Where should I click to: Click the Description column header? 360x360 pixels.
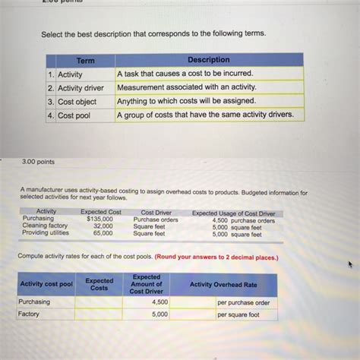pos(208,60)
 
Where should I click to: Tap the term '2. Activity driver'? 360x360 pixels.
pos(79,88)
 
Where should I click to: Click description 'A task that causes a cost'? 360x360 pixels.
pos(185,74)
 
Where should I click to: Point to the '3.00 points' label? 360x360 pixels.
pos(39,162)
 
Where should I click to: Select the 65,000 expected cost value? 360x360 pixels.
pos(103,234)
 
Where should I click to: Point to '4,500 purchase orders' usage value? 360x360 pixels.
pos(243,220)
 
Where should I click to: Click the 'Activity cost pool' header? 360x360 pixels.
pos(46,284)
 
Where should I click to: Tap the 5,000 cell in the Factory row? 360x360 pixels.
pos(159,314)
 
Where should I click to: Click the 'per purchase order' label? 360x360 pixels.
pos(243,302)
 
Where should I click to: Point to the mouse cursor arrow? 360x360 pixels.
pos(350,266)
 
